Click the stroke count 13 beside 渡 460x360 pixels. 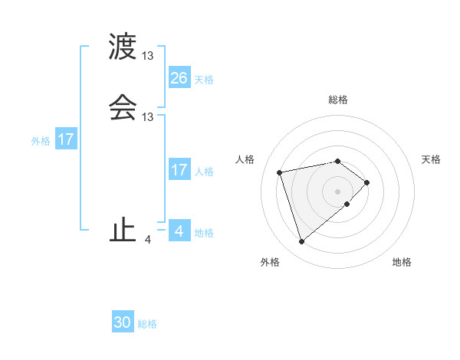pos(148,56)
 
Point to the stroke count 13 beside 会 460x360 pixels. pos(148,116)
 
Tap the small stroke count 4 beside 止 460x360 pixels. pos(148,239)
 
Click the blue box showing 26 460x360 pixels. pos(179,77)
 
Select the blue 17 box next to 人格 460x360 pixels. pos(179,170)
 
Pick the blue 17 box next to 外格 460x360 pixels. pos(66,139)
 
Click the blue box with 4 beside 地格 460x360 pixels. pos(179,231)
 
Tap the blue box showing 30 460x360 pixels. pos(123,322)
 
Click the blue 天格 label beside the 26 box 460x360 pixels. pos(204,79)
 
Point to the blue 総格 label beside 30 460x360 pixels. pos(147,324)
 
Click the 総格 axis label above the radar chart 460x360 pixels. pos(338,100)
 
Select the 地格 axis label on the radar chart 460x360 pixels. pos(402,263)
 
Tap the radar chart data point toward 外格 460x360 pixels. pos(301,242)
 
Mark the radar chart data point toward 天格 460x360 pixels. pos(368,182)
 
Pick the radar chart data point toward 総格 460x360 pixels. pos(338,161)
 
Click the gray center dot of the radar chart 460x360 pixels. pos(338,191)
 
